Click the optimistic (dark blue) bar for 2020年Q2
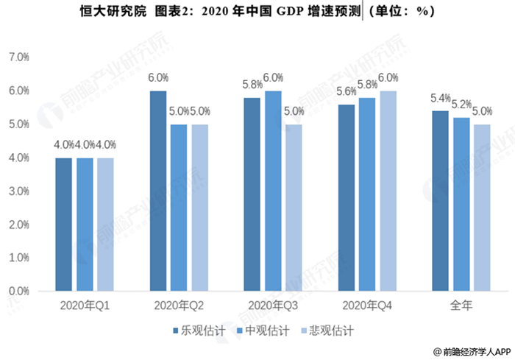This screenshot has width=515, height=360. click(x=158, y=191)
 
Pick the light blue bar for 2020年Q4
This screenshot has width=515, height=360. click(x=388, y=191)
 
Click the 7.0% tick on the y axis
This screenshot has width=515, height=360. click(x=18, y=57)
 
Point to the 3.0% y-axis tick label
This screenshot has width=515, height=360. click(x=18, y=191)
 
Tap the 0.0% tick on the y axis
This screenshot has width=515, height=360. click(x=18, y=292)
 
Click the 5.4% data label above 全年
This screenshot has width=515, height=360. click(x=439, y=98)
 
